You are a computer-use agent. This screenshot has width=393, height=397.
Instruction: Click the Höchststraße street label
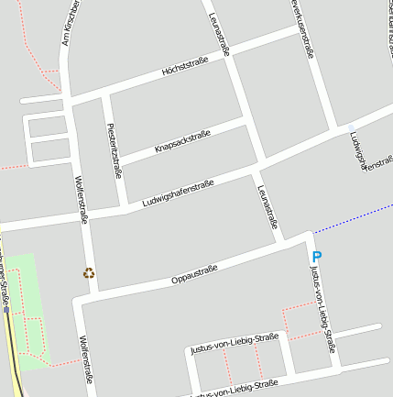[x=184, y=67]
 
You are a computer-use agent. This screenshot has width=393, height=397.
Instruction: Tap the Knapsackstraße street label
[x=182, y=140]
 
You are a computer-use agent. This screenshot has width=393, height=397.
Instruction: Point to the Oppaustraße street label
[x=194, y=274]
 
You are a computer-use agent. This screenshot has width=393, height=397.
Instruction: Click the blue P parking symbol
[x=317, y=258]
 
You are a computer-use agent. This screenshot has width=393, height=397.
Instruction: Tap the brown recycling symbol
[x=89, y=272]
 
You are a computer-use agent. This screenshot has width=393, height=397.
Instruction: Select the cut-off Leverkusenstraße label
[x=303, y=28]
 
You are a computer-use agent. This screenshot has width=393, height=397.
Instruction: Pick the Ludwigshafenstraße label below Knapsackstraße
[x=178, y=193]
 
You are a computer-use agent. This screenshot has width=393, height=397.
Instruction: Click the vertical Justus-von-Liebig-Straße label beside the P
[x=322, y=310]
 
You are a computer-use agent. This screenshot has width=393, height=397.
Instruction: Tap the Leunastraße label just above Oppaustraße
[x=267, y=209]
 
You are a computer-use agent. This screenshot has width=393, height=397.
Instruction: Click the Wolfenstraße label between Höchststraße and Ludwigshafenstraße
[x=81, y=200]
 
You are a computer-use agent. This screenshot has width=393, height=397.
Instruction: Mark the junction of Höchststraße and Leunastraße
[x=229, y=52]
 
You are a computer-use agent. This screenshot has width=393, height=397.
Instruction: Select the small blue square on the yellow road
[x=6, y=310]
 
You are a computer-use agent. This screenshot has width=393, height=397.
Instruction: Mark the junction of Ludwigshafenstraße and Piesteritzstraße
[x=123, y=210]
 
